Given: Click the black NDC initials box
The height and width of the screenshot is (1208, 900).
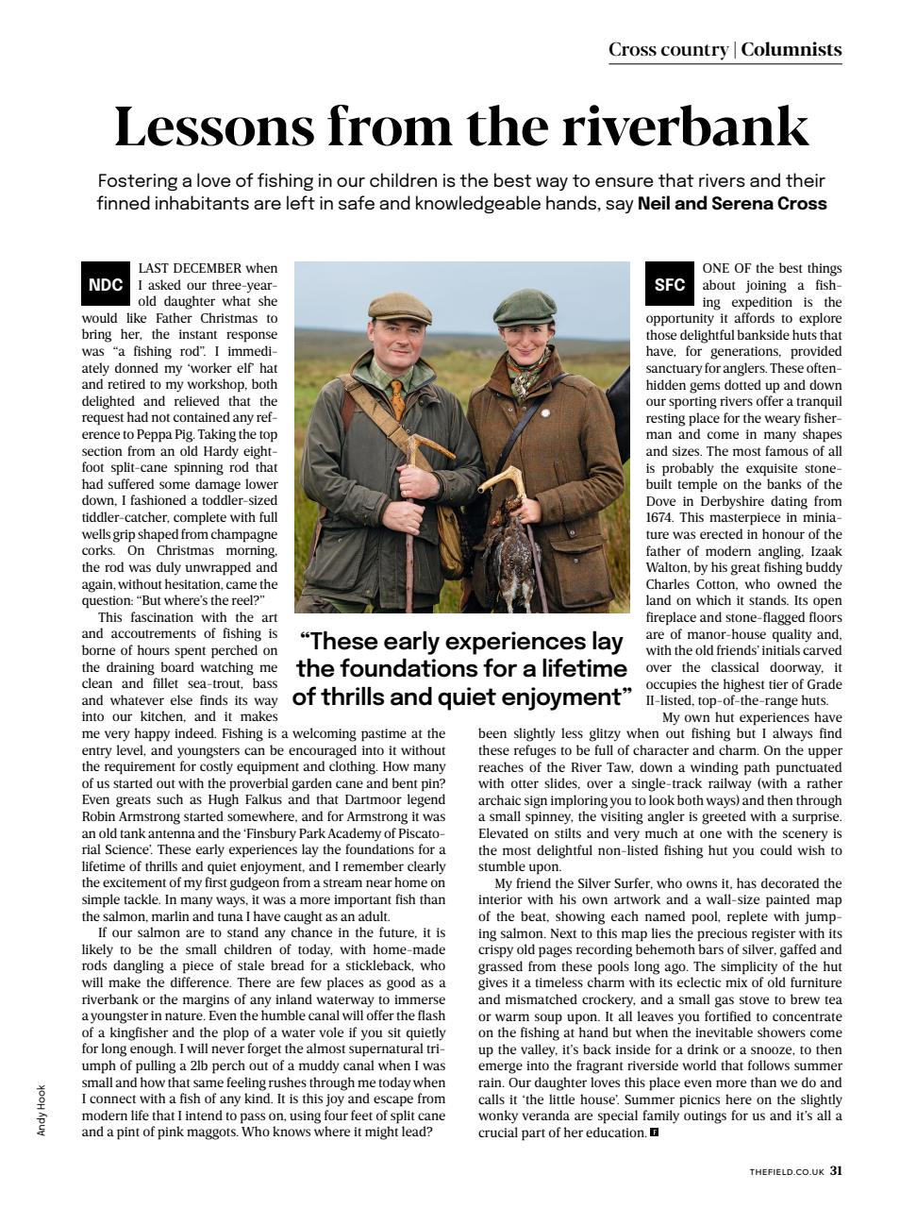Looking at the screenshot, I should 105,285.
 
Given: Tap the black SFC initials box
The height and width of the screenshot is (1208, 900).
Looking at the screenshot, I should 669,285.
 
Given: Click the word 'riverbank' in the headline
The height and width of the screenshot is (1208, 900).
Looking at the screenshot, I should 686,126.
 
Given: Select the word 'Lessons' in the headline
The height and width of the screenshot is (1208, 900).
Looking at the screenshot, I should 213,126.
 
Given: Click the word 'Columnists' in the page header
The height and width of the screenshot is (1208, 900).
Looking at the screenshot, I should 791,50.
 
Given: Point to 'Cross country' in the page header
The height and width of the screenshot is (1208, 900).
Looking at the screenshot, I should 668,50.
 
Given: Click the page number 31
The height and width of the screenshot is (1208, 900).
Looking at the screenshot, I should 836,1171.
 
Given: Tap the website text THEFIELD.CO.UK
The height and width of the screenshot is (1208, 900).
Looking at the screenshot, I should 787,1172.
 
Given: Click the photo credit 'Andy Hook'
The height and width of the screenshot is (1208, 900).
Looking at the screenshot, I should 42,1110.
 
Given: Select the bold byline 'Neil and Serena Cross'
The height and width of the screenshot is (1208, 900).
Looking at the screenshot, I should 732,203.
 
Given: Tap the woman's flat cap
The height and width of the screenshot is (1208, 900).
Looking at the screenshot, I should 524,305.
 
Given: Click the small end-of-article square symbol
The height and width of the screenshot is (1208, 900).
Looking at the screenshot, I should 654,1132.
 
